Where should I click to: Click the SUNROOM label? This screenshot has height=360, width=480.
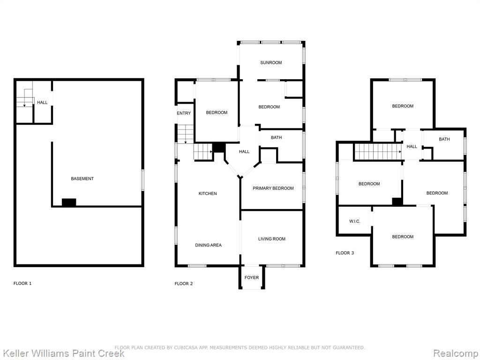[271, 62]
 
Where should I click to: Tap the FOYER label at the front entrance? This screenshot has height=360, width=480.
[252, 277]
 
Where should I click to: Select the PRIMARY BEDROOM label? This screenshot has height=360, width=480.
[273, 188]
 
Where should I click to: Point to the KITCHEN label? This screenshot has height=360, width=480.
[208, 194]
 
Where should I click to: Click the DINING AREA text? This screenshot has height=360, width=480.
[208, 245]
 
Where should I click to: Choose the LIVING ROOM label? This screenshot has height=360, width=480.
[272, 239]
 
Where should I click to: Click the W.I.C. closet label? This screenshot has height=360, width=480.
[355, 221]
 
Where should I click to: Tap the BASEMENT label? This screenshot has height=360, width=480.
[82, 179]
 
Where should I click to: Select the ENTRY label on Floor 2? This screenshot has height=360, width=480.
[184, 113]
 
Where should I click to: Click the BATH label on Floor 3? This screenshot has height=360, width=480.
[444, 139]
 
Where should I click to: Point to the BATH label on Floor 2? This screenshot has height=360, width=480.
[276, 137]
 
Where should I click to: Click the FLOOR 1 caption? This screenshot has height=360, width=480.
[22, 284]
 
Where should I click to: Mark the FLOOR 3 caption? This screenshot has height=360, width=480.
[345, 253]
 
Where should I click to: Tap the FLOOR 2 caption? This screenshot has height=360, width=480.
[184, 284]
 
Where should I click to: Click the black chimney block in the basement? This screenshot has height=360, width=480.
[69, 202]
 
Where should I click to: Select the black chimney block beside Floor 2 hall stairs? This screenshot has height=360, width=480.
[219, 147]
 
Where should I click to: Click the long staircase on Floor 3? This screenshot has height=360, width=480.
[378, 151]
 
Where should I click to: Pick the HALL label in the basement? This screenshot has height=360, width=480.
[42, 102]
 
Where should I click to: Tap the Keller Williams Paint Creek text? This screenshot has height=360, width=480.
[63, 353]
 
